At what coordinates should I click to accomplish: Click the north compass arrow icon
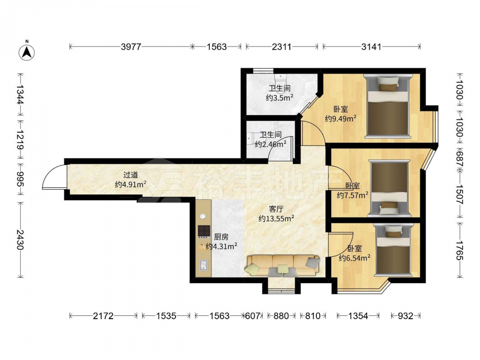(26, 52)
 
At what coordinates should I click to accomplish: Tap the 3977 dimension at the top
(131, 47)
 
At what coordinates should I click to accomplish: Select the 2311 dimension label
(282, 47)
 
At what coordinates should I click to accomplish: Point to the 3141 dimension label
(372, 47)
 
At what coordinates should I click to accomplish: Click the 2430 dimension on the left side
(20, 240)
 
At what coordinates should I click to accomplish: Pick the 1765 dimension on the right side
(459, 250)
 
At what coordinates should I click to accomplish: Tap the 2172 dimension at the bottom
(103, 316)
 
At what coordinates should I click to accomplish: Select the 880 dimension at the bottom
(281, 316)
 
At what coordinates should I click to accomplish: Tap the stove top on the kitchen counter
(204, 231)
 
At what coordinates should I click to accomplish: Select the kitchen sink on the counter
(203, 265)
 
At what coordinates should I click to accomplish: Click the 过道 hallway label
(131, 175)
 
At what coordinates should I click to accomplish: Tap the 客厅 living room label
(276, 209)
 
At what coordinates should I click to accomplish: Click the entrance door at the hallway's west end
(55, 177)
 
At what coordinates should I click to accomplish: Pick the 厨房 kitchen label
(221, 237)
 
